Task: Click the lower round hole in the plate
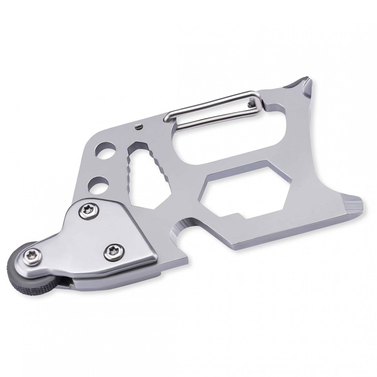[x=99, y=184]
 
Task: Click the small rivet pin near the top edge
[x=138, y=127]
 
